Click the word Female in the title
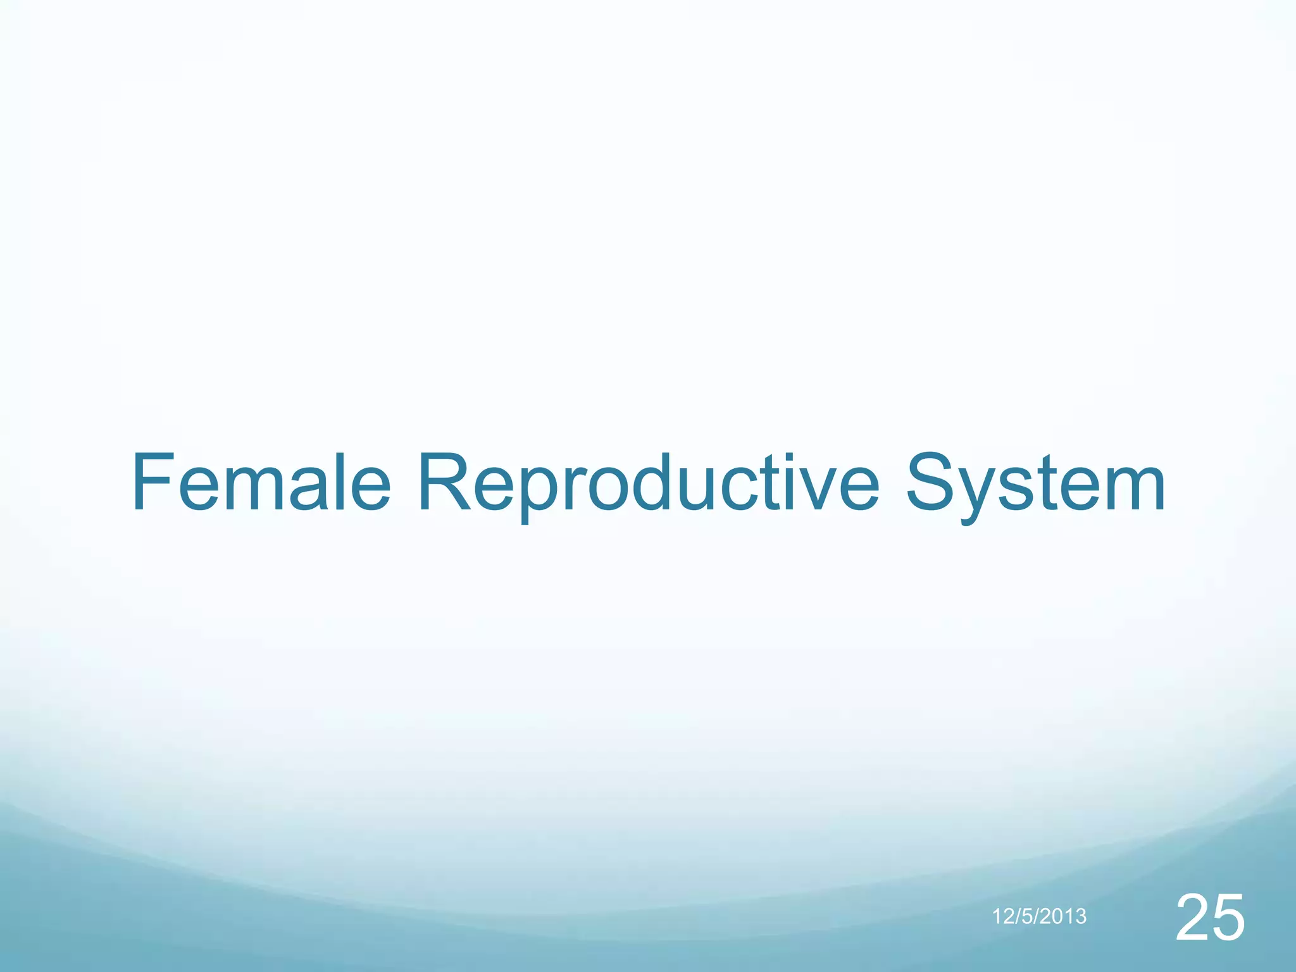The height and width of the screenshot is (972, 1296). click(x=261, y=482)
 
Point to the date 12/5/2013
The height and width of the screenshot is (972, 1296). click(x=1039, y=916)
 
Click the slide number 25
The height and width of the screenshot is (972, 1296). click(x=1210, y=918)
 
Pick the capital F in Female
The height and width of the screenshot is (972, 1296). click(x=151, y=482)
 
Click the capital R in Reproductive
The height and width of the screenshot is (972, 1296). click(x=444, y=482)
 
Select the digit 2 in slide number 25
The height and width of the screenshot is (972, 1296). click(x=1192, y=918)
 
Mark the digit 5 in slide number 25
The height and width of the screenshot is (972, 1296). click(x=1228, y=918)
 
